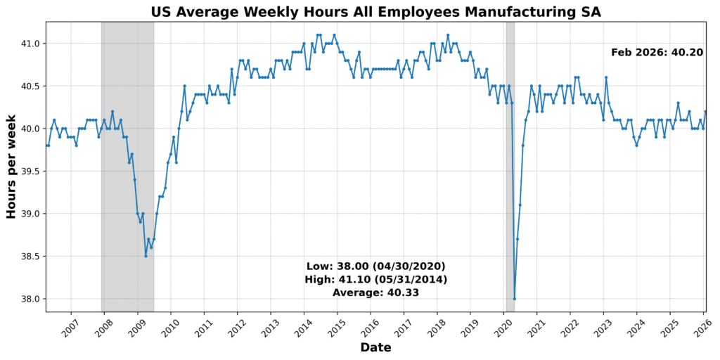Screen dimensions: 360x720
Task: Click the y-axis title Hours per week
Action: click(12, 167)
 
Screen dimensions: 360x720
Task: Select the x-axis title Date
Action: click(375, 347)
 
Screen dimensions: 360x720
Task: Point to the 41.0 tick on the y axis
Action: click(31, 44)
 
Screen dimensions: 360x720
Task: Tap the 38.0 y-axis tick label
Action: click(31, 299)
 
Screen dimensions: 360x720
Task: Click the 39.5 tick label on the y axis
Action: click(31, 171)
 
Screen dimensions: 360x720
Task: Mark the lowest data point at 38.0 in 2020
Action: click(515, 299)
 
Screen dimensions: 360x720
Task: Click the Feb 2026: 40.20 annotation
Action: click(657, 52)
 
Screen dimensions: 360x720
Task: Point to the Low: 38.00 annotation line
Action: click(375, 266)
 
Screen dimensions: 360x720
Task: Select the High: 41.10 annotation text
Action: click(375, 279)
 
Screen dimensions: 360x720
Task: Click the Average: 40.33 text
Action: click(375, 292)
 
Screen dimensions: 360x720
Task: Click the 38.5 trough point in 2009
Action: click(146, 256)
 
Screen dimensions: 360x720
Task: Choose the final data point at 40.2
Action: click(706, 112)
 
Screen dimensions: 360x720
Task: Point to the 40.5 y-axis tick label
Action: click(31, 86)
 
